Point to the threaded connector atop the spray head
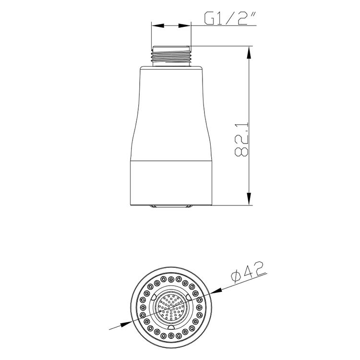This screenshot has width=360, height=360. (x=171, y=55)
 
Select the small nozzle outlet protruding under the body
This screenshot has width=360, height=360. (x=171, y=207)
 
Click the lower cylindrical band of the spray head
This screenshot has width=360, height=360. (x=171, y=182)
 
